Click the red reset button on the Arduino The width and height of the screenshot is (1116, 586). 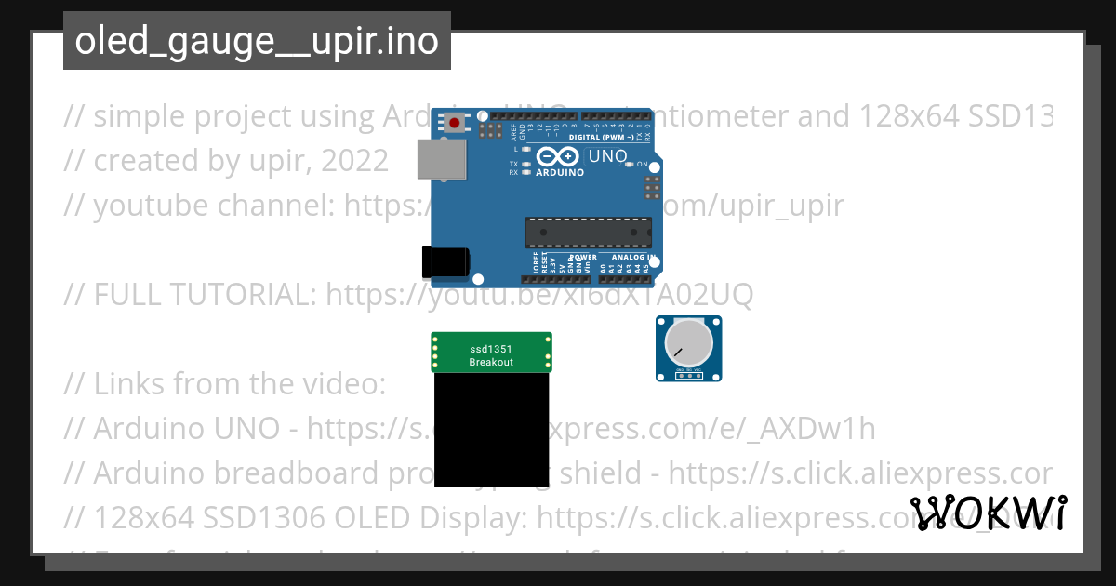455,123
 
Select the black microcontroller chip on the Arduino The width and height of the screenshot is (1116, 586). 588,233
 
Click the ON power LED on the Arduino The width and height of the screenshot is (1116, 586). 630,165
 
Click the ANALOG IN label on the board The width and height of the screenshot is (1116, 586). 633,257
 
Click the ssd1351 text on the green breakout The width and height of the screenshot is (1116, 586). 490,350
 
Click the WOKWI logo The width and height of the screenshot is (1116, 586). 989,513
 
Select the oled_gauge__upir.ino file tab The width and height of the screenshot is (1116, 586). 257,41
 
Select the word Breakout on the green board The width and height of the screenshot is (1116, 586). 491,362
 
